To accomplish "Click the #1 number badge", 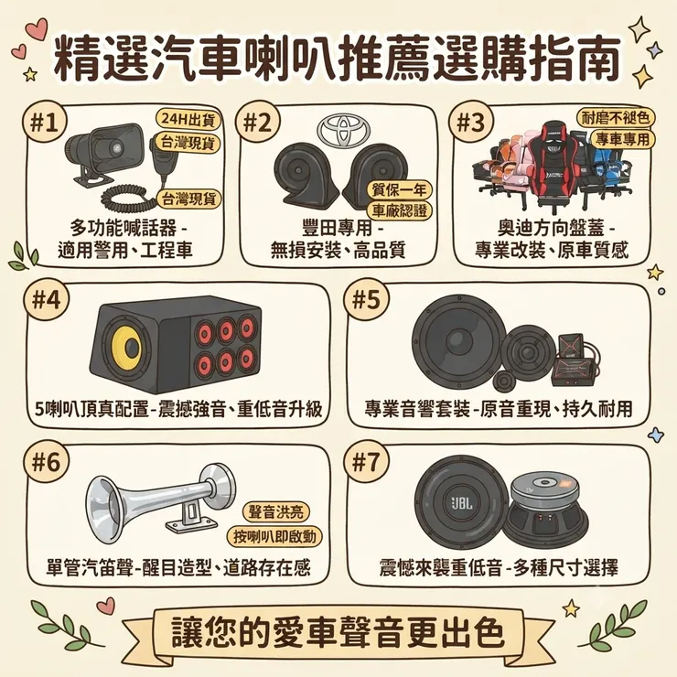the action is pyautogui.click(x=45, y=124).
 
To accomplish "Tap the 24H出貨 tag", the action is pyautogui.click(x=188, y=120).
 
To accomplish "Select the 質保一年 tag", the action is pyautogui.click(x=399, y=190).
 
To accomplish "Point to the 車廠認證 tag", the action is pyautogui.click(x=399, y=210).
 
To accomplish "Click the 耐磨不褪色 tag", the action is pyautogui.click(x=616, y=117).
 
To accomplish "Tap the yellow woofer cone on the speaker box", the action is pyautogui.click(x=127, y=346).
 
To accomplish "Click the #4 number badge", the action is pyautogui.click(x=47, y=299).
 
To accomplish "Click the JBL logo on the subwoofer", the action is pyautogui.click(x=462, y=502).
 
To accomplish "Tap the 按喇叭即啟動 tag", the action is pyautogui.click(x=274, y=537).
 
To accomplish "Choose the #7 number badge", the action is pyautogui.click(x=366, y=462).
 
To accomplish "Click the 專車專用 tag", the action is pyautogui.click(x=622, y=139).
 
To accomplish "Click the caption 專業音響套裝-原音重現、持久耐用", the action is pyautogui.click(x=499, y=409).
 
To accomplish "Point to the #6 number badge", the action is pyautogui.click(x=47, y=462).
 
